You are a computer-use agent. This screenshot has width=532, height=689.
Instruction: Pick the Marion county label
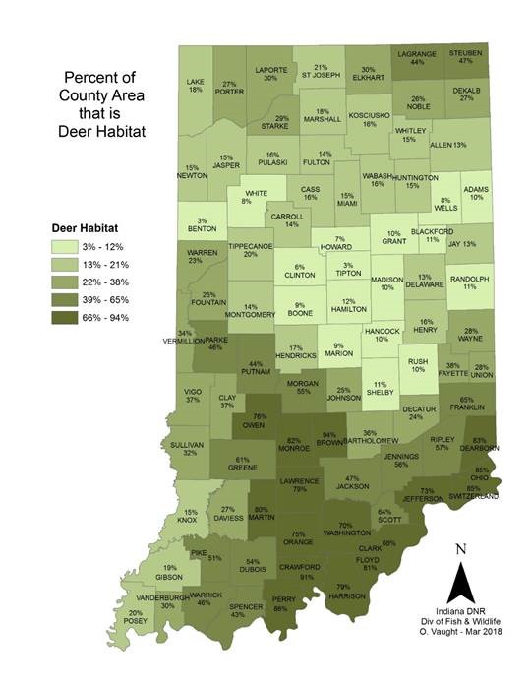click(337, 349)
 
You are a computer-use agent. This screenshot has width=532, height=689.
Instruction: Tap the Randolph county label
click(470, 282)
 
